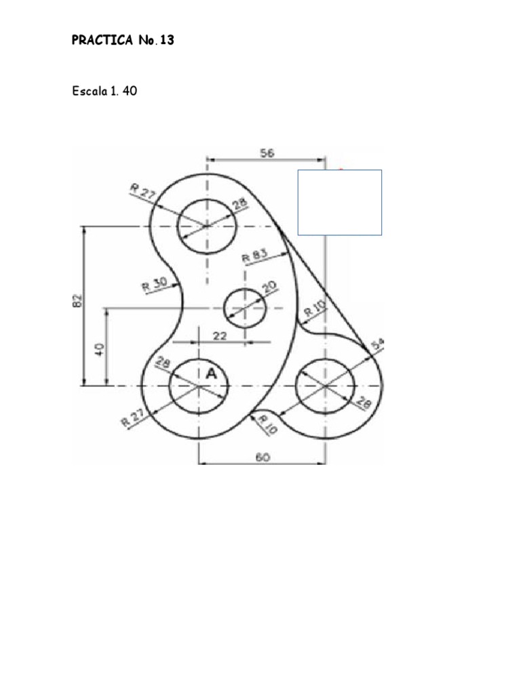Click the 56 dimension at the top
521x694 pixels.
point(267,153)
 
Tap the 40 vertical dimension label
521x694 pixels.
point(99,349)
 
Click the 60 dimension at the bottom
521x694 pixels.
point(263,457)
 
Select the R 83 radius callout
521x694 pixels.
point(255,256)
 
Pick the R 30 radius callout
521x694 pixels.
point(154,284)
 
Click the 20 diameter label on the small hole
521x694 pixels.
point(269,287)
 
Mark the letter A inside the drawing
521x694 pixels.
point(211,373)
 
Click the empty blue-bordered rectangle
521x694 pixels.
point(340,203)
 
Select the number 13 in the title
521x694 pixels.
point(167,41)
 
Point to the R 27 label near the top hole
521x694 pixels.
point(143,192)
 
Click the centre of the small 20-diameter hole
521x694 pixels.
point(244,308)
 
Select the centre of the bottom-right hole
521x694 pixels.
point(326,385)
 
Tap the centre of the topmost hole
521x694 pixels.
point(206,226)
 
